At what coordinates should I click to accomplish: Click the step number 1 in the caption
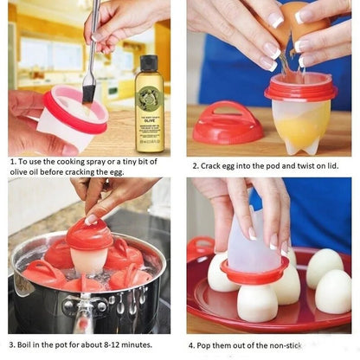pyautogui.click(x=12, y=161)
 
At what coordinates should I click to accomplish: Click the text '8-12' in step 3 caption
pyautogui.click(x=110, y=342)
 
